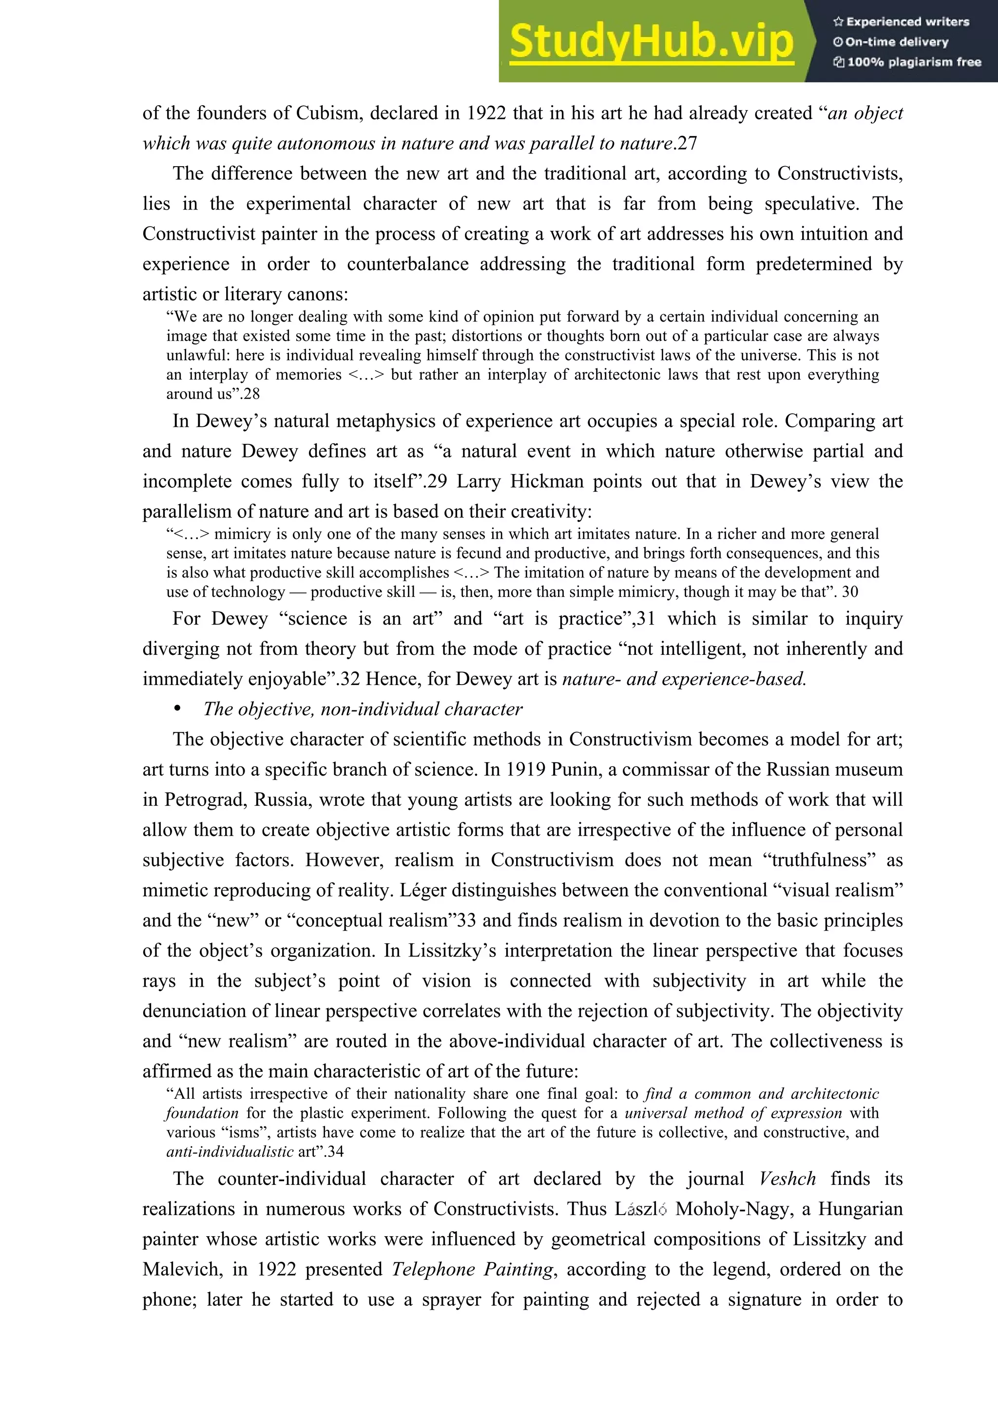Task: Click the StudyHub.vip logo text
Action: tap(651, 42)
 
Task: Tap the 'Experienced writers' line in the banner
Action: tap(902, 21)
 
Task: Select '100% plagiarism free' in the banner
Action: tap(908, 61)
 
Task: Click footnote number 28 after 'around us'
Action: tap(251, 394)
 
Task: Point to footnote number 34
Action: tap(335, 1151)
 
